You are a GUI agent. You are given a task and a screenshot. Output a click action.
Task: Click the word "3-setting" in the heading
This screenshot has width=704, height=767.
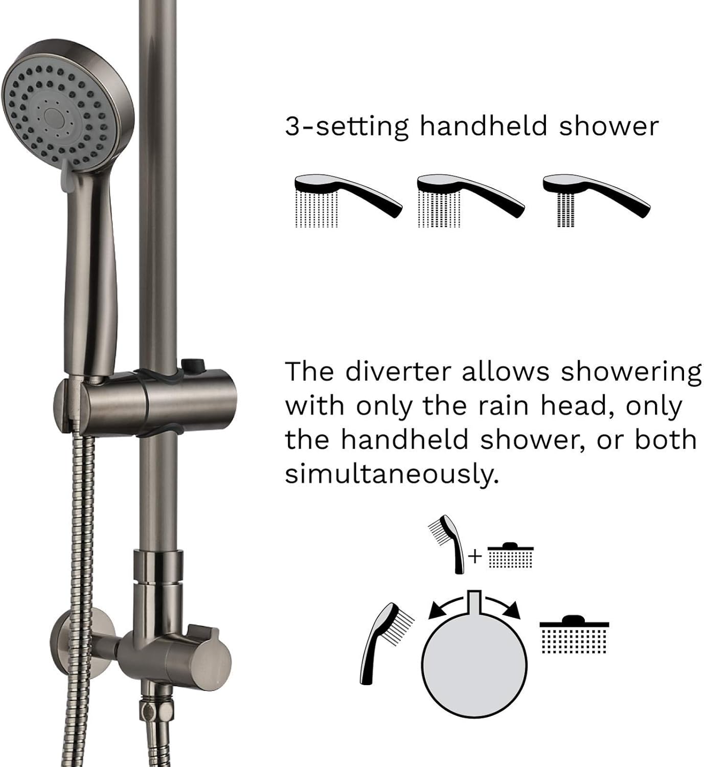point(347,126)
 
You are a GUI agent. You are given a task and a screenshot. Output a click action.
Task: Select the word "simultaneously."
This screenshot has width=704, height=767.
point(391,475)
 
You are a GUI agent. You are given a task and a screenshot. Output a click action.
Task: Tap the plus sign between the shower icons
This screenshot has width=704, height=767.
point(475,556)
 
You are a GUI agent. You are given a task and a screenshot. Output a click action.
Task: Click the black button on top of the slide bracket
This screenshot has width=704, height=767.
point(192,365)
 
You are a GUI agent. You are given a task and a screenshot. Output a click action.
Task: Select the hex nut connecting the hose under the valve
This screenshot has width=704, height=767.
point(150,712)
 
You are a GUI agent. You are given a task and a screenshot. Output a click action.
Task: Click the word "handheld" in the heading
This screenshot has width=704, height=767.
point(484,126)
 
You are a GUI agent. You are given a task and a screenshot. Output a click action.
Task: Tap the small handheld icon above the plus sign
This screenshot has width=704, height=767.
point(450,542)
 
